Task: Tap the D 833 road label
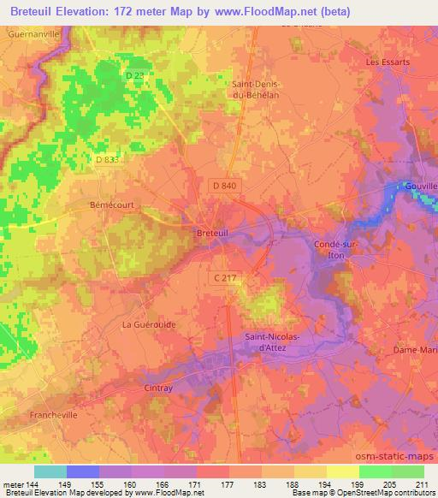[109, 159]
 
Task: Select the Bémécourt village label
[109, 205]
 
